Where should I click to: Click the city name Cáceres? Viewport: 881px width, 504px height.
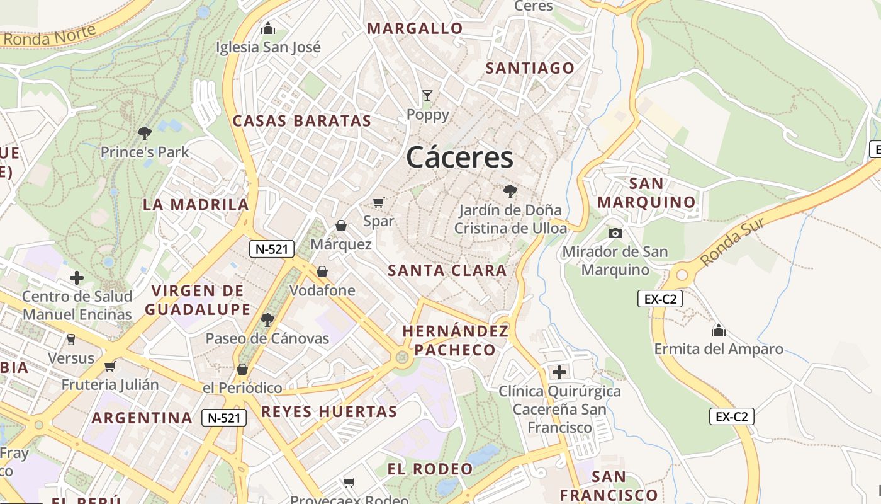[459, 157]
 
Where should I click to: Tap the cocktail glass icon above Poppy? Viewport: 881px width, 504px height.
[427, 96]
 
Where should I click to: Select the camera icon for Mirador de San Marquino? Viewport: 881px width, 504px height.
[615, 233]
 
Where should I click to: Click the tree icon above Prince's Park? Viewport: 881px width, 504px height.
[145, 133]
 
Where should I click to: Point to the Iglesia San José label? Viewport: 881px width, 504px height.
[268, 47]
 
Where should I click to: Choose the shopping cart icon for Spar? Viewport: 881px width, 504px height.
[378, 202]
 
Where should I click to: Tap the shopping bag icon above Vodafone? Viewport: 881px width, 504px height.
[322, 272]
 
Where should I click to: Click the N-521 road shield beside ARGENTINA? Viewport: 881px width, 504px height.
[224, 417]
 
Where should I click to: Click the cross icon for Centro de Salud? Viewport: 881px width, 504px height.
[77, 277]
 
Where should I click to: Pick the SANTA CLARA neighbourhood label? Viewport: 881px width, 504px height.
[447, 271]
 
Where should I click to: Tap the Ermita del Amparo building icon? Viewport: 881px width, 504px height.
[718, 330]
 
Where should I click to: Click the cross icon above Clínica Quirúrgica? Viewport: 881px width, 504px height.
[559, 372]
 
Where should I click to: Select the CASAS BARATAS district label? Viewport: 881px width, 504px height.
[302, 121]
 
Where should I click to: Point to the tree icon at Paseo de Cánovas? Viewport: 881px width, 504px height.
[267, 319]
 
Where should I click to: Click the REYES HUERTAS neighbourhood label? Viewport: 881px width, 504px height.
[329, 412]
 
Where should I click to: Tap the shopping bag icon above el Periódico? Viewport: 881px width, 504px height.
[242, 369]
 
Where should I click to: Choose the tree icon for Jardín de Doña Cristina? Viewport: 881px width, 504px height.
[510, 191]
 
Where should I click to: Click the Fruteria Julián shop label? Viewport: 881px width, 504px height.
[110, 384]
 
